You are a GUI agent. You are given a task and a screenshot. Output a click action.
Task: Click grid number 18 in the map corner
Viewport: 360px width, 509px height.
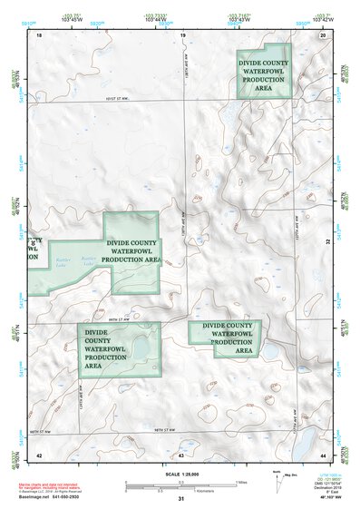point(39,35)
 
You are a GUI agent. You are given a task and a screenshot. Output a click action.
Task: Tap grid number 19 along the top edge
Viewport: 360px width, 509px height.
point(182,35)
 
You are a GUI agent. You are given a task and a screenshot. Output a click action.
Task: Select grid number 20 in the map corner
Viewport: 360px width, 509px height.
point(323,35)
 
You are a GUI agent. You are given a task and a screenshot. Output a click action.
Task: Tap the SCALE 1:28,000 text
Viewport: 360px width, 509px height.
point(180,472)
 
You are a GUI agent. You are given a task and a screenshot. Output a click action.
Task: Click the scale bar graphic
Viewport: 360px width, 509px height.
point(180,483)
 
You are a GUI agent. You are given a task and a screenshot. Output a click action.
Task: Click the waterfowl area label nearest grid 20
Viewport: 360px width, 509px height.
point(264,76)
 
